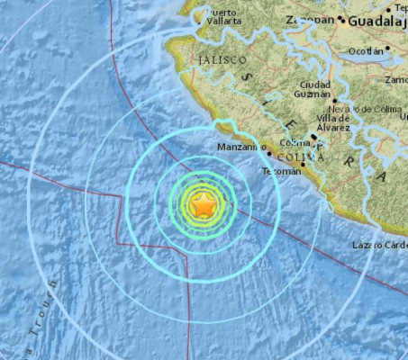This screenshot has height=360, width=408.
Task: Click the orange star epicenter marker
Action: tap(204, 206)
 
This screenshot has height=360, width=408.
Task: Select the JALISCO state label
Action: tap(220, 59)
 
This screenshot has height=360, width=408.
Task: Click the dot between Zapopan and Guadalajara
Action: tap(343, 18)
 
